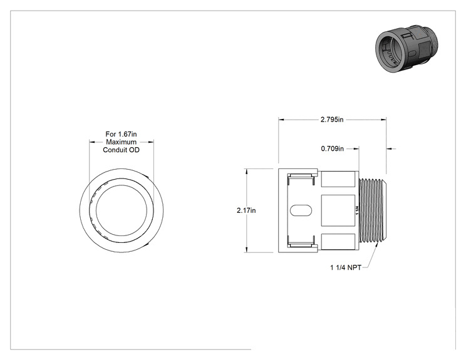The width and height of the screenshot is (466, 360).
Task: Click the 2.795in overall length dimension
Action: [x=332, y=120]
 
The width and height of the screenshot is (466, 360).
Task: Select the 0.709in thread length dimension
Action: [x=332, y=148]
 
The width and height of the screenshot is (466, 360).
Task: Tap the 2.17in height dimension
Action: [x=246, y=210]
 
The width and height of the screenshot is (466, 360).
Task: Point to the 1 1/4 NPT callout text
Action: [x=346, y=267]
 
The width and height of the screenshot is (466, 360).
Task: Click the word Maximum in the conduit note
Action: [x=122, y=142]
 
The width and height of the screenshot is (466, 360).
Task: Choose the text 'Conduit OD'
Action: [x=122, y=150]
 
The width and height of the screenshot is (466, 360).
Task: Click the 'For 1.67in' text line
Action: [x=122, y=134]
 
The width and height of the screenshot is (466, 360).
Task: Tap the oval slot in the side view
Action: [x=301, y=210]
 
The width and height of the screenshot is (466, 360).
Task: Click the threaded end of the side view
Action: [x=373, y=210]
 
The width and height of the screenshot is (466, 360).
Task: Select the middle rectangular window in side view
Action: [x=338, y=210]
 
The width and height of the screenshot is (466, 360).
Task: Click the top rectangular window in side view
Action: [x=338, y=179]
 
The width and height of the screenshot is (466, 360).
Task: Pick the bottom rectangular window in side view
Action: [x=338, y=242]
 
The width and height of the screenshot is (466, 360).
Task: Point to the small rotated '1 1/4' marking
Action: [x=357, y=210]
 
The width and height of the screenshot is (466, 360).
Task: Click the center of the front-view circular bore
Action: [x=122, y=210]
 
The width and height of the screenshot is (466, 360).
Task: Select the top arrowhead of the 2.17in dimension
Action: [x=246, y=172]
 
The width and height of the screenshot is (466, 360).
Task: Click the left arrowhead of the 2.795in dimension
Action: [x=281, y=120]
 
